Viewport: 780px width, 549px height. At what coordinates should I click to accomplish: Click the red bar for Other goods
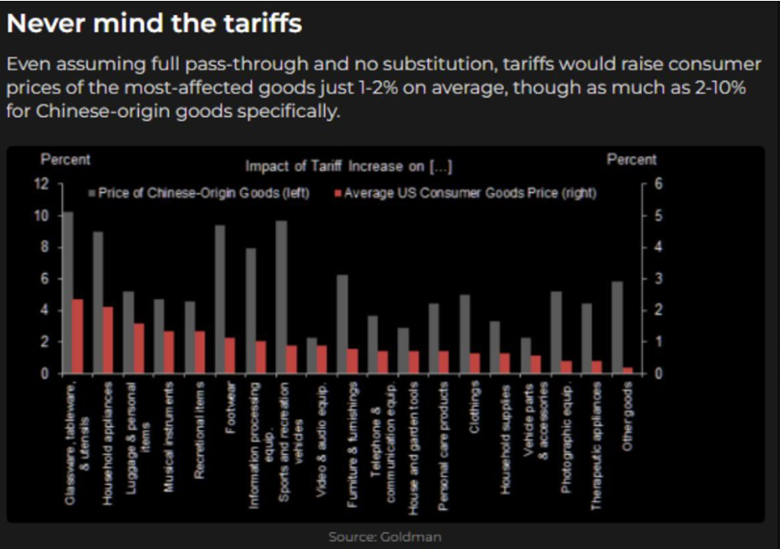pyautogui.click(x=628, y=370)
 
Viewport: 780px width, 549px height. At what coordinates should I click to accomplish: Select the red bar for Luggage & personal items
pyautogui.click(x=139, y=348)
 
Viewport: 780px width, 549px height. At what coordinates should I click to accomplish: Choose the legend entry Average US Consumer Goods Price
pyautogui.click(x=469, y=192)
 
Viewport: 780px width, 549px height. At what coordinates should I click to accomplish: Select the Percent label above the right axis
pyautogui.click(x=631, y=160)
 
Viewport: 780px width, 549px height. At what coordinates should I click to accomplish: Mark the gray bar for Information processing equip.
pyautogui.click(x=250, y=311)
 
